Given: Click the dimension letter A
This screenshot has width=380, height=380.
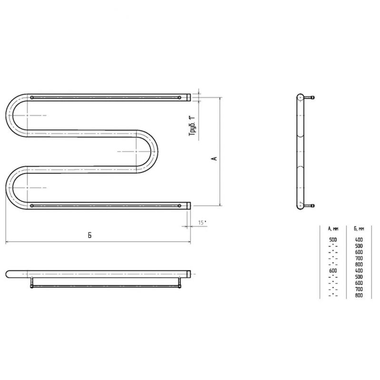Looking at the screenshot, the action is pos(214,159).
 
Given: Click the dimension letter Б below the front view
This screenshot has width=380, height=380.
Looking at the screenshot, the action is pos(90,235).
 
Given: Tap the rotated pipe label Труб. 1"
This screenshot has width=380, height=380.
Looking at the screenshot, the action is pos(192,126).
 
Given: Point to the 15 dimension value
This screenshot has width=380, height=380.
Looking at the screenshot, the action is pos(201,223).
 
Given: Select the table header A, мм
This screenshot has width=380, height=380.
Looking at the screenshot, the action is pos(333,228).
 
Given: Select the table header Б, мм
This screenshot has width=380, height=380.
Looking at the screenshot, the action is pos(359,228).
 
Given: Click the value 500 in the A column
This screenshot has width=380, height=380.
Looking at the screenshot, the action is pos(333,240).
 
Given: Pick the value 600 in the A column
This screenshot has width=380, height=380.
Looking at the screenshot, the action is pos(333,270).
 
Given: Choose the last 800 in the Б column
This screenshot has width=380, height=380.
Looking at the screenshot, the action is pos(359,295).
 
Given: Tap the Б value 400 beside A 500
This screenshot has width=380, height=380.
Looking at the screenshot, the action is pos(359,240).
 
